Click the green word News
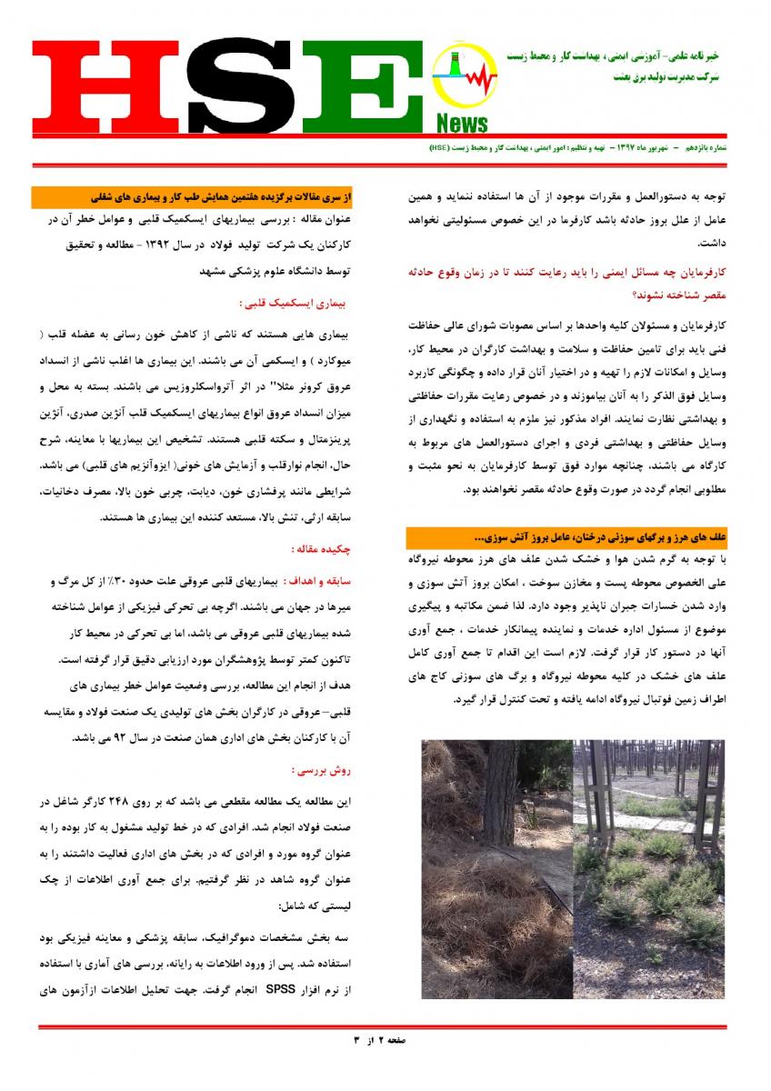[x=462, y=124]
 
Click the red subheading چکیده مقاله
[x=320, y=548]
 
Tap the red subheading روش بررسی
[x=320, y=770]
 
